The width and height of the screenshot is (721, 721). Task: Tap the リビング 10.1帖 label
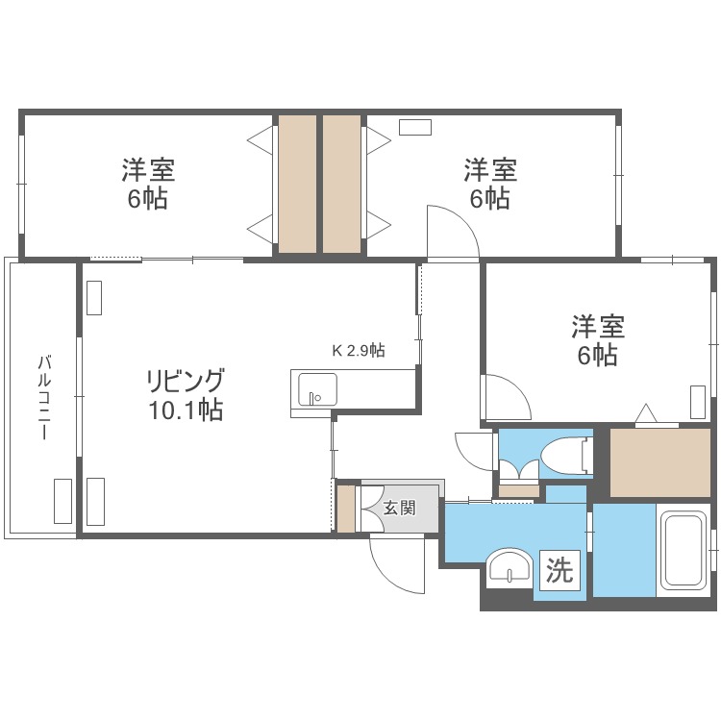pyautogui.click(x=186, y=394)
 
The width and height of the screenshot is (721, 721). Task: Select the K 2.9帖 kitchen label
pyautogui.click(x=358, y=351)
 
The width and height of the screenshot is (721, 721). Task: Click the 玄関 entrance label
pyautogui.click(x=399, y=508)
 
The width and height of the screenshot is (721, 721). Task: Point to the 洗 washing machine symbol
pyautogui.click(x=559, y=571)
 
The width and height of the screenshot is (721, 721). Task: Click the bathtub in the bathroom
pyautogui.click(x=684, y=554)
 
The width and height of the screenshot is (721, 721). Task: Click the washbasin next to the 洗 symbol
pyautogui.click(x=508, y=567)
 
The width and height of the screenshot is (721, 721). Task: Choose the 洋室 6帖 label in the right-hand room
pyautogui.click(x=598, y=340)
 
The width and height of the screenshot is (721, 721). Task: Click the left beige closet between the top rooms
pyautogui.click(x=297, y=184)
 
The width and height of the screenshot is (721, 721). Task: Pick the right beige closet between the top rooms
pyautogui.click(x=342, y=184)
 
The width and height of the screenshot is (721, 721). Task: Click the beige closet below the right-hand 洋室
pyautogui.click(x=659, y=462)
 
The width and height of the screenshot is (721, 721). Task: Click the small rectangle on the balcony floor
pyautogui.click(x=62, y=500)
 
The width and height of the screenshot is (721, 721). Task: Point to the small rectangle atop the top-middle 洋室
pyautogui.click(x=415, y=127)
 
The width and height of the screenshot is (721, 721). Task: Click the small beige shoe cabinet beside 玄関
pyautogui.click(x=345, y=509)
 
